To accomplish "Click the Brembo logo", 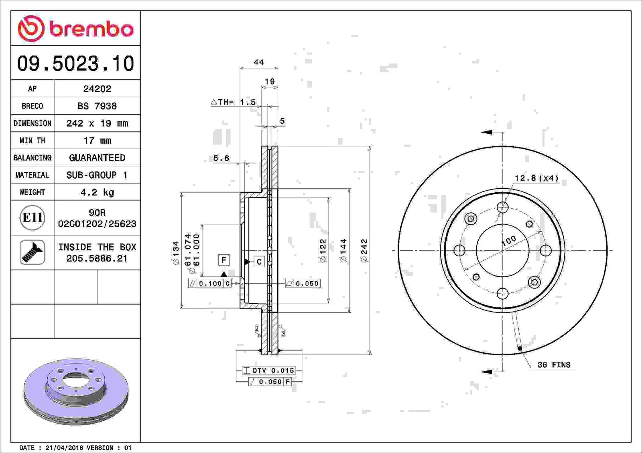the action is (x=76, y=28).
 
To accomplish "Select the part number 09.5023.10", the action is (x=76, y=63).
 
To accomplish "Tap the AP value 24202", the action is (x=97, y=89).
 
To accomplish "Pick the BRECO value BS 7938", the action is (x=97, y=106).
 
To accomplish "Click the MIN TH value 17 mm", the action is (x=97, y=141).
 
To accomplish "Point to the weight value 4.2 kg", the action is (x=97, y=192).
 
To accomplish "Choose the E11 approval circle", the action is (x=33, y=218).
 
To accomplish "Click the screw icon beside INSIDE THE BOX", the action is (x=32, y=252).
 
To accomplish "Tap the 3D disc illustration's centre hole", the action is (x=76, y=381).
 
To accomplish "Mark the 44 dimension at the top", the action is (x=259, y=62).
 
